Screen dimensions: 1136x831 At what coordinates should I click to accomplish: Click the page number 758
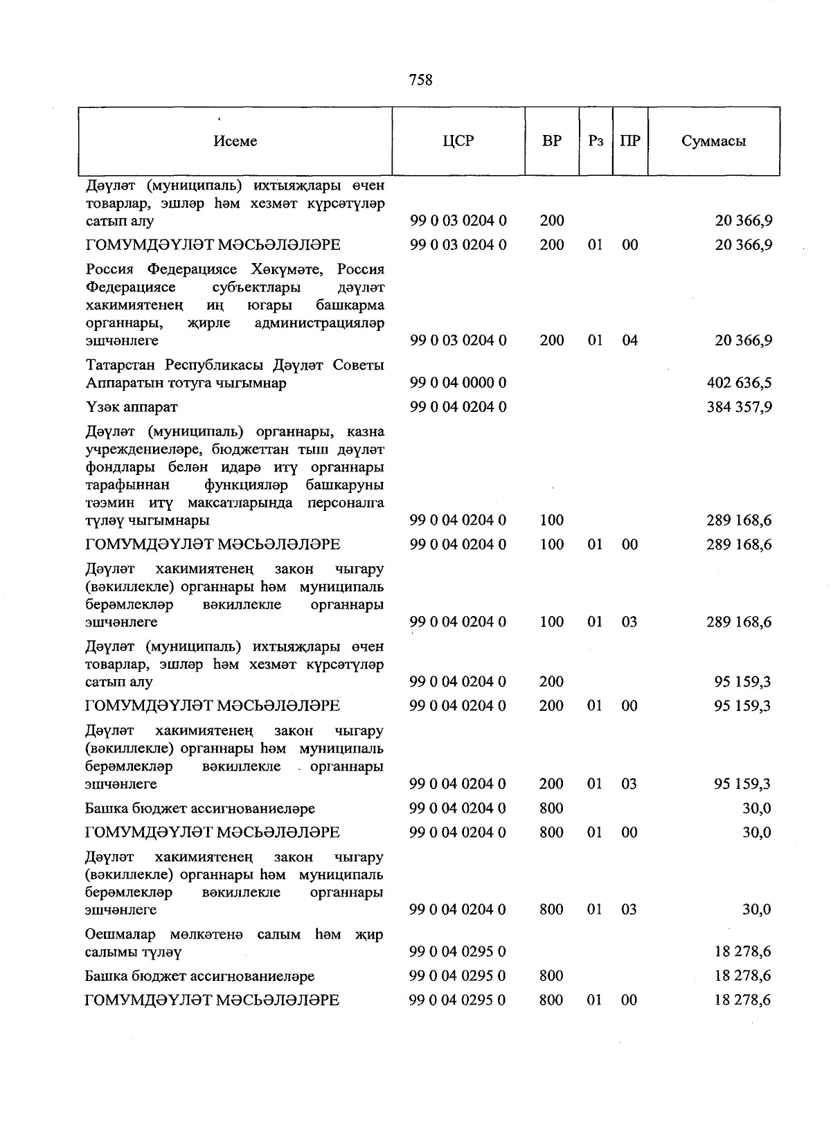[x=420, y=80]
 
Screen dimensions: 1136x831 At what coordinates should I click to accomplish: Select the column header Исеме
[x=235, y=141]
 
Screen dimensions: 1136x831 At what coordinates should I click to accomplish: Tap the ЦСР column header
[x=458, y=141]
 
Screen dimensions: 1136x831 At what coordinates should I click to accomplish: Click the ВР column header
[x=552, y=141]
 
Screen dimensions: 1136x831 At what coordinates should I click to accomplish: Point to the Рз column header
[x=596, y=141]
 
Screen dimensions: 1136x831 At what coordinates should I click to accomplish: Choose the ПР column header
[x=630, y=141]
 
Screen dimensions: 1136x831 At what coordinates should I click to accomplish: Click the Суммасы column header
[x=713, y=141]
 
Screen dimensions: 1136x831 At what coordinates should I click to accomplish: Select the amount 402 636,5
[x=739, y=383]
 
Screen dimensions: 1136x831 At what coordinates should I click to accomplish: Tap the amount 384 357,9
[x=739, y=407]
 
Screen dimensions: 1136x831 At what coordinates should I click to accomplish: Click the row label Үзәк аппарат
[x=132, y=407]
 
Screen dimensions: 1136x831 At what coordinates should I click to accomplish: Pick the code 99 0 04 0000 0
[x=458, y=383]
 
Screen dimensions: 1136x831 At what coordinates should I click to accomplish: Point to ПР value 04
[x=629, y=341]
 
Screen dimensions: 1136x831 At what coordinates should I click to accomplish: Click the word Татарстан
[x=121, y=365]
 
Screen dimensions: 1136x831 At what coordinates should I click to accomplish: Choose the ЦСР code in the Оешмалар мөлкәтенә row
[x=458, y=952]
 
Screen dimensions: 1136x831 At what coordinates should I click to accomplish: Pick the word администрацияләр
[x=319, y=323]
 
